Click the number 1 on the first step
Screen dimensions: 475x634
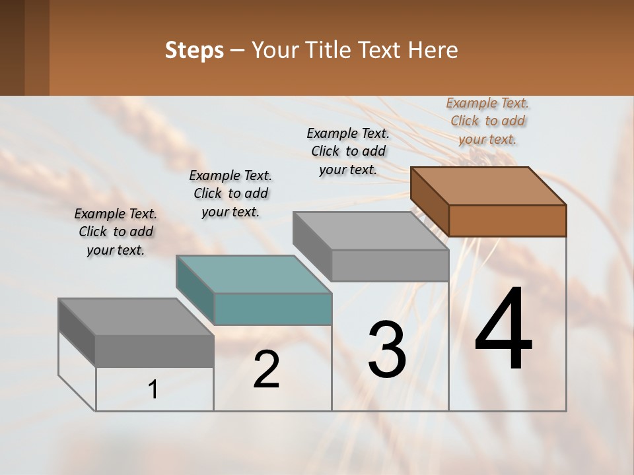[153, 390]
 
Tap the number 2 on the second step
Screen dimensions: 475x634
[266, 369]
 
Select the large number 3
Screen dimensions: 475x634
[387, 350]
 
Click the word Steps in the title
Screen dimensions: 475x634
[194, 50]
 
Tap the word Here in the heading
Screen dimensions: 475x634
[434, 50]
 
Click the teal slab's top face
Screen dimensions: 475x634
[254, 274]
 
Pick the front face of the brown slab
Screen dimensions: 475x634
[507, 220]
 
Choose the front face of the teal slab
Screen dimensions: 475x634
[273, 309]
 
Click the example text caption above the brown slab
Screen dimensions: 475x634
[487, 121]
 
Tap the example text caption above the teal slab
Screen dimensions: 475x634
[230, 193]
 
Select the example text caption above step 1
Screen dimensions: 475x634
[116, 232]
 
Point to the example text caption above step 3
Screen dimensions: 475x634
[348, 151]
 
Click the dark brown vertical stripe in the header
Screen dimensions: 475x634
[37, 47]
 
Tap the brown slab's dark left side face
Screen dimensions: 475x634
[430, 201]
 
